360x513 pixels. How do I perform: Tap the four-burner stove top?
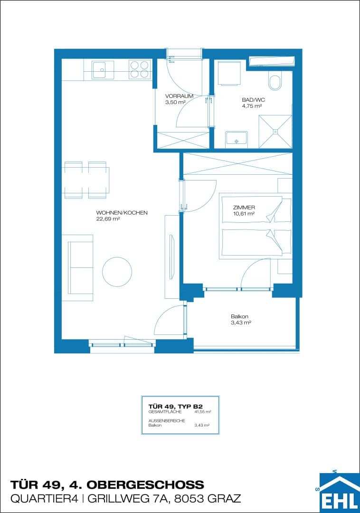pos(140,70)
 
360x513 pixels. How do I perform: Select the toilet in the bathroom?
pos(275,83)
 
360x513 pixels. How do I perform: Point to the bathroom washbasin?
pos(236,138)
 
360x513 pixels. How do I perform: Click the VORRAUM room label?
pos(179,96)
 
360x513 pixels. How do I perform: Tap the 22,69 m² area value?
pos(108,219)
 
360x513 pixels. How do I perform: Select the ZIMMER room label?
pos(244,208)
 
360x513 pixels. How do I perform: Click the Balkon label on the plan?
pos(239,316)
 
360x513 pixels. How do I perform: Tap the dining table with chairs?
pos(87,180)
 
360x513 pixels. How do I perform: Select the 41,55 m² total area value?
pos(203,411)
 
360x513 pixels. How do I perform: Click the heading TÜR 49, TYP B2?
pos(176,407)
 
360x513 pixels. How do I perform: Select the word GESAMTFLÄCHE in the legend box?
pos(165,411)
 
